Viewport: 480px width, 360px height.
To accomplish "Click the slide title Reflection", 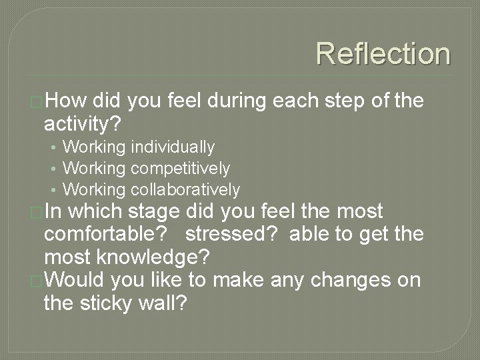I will (383, 53).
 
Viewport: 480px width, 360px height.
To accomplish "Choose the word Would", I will (74, 279).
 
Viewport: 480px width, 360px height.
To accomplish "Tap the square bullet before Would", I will (37, 280).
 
